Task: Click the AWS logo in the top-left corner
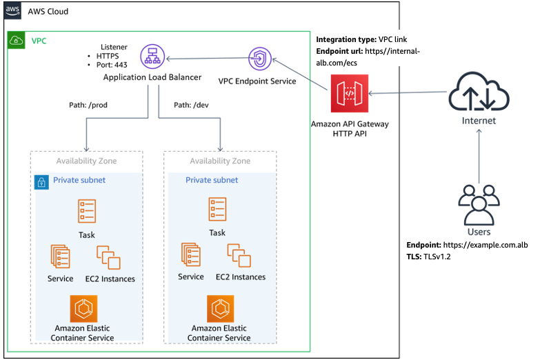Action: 13,12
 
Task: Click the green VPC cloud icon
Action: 15,41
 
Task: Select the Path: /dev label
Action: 191,105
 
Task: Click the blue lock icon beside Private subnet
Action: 41,182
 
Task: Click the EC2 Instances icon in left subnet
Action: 108,257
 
